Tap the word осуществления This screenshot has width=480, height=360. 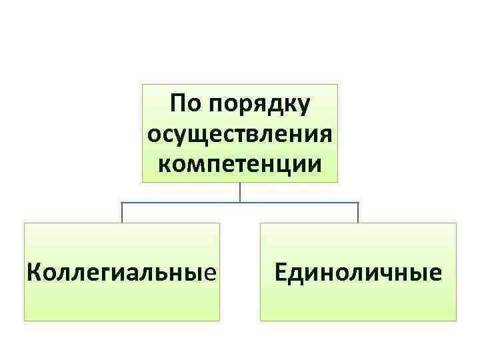click(x=240, y=133)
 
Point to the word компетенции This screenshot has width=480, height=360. click(x=240, y=162)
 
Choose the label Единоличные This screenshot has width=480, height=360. click(x=358, y=272)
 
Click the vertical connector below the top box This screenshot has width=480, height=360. click(x=240, y=192)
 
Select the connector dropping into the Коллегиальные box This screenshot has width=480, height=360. click(x=122, y=213)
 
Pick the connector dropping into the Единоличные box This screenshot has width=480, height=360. click(x=358, y=213)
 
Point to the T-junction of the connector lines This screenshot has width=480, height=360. click(x=240, y=202)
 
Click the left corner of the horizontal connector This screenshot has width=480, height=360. click(x=122, y=202)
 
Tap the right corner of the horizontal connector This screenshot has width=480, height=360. click(x=358, y=202)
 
